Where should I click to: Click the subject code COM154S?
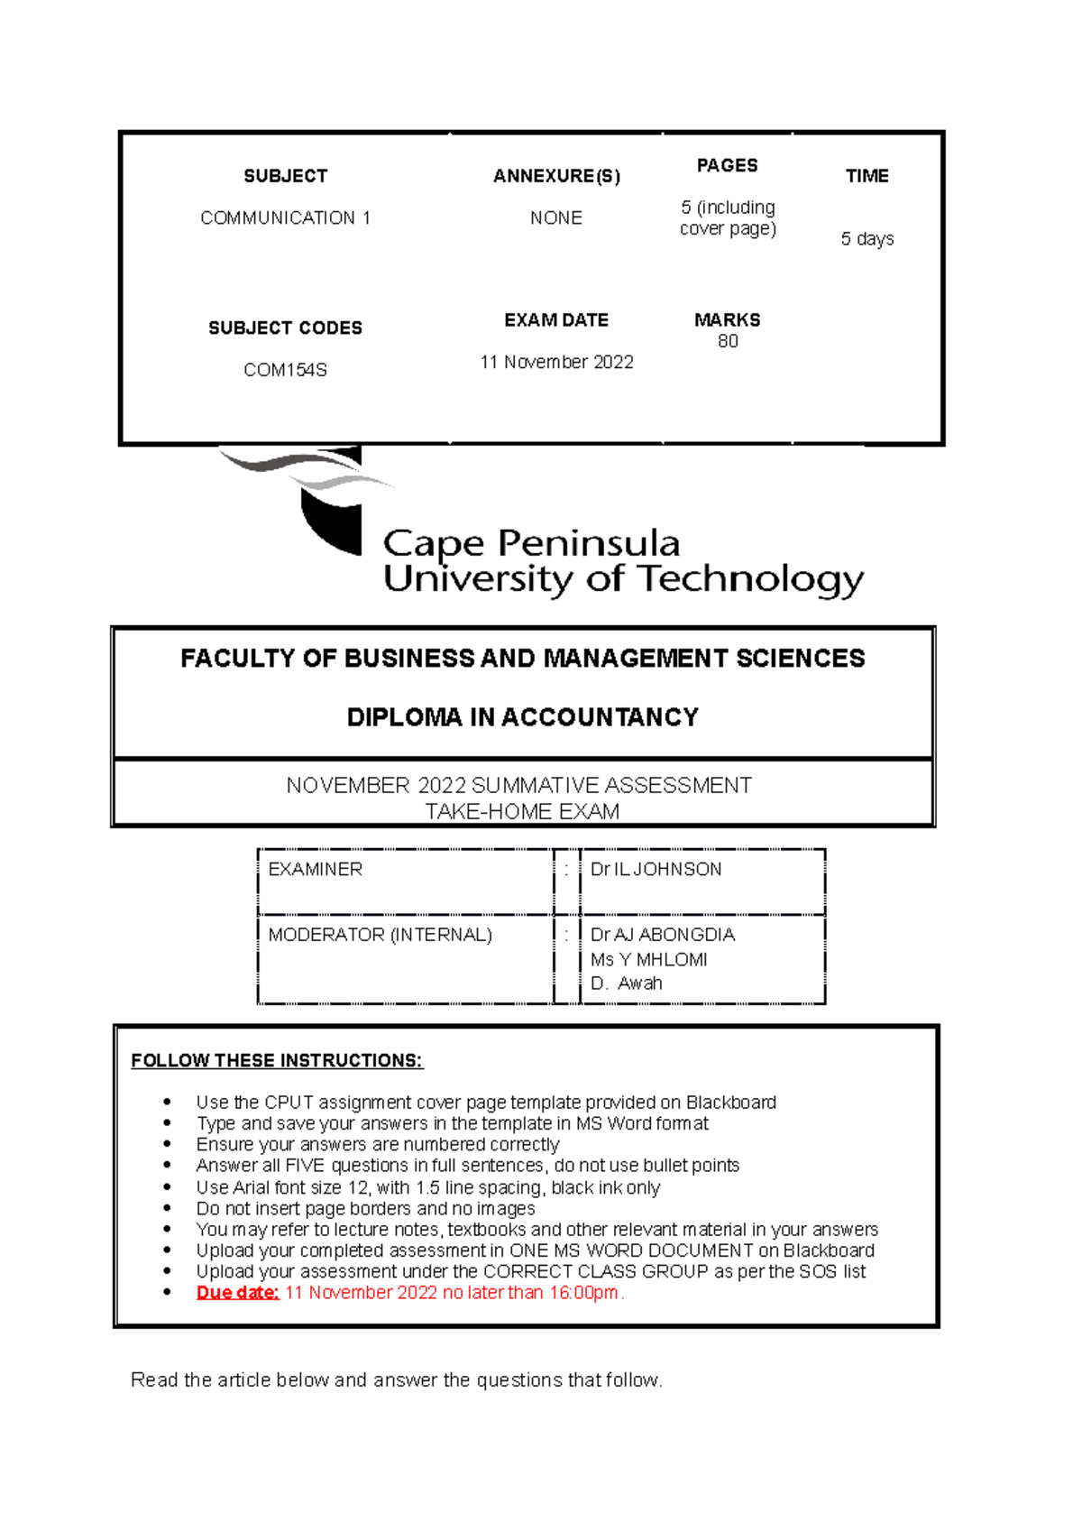285,370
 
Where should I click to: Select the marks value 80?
728,341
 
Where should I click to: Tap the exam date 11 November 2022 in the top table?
556,362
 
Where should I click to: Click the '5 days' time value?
867,239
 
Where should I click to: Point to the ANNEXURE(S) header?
556,176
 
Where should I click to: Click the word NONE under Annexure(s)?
555,217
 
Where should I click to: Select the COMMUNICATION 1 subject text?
285,217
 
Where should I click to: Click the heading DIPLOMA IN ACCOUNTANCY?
522,717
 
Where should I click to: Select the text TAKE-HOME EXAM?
522,811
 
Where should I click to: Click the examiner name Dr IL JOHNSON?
656,869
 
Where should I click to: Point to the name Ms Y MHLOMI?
648,959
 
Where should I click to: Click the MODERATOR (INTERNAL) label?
380,935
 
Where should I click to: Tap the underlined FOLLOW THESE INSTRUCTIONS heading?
277,1060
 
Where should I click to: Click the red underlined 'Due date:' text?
237,1292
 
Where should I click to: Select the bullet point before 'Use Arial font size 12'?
167,1187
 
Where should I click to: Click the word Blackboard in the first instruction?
730,1103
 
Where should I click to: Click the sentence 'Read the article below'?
396,1380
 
